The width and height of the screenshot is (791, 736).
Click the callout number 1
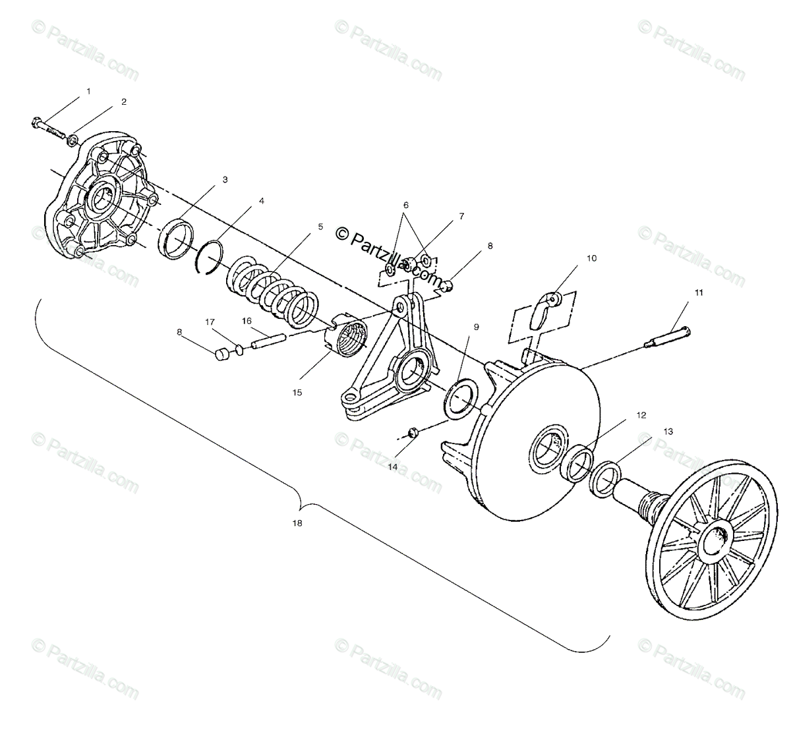[89, 91]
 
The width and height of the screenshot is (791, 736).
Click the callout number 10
[591, 258]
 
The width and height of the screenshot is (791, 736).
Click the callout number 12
[641, 416]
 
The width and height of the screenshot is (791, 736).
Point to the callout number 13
[668, 432]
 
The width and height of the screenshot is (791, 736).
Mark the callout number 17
[210, 322]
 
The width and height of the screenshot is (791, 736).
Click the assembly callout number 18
[297, 523]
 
